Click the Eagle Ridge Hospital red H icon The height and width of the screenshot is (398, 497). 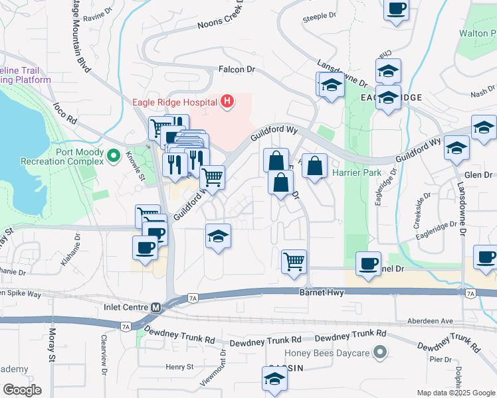(228, 101)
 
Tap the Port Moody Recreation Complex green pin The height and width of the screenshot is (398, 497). (114, 157)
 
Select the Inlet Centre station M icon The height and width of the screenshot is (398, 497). (156, 307)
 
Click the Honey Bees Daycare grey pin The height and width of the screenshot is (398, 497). (379, 352)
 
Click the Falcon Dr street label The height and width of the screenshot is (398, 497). (237, 69)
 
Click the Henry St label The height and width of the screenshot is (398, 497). (179, 366)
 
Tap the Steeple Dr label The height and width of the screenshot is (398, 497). (320, 15)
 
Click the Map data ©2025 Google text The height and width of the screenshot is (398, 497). (456, 393)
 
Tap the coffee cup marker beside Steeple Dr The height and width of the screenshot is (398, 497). (397, 9)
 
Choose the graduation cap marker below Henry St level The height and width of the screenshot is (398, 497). (273, 379)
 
